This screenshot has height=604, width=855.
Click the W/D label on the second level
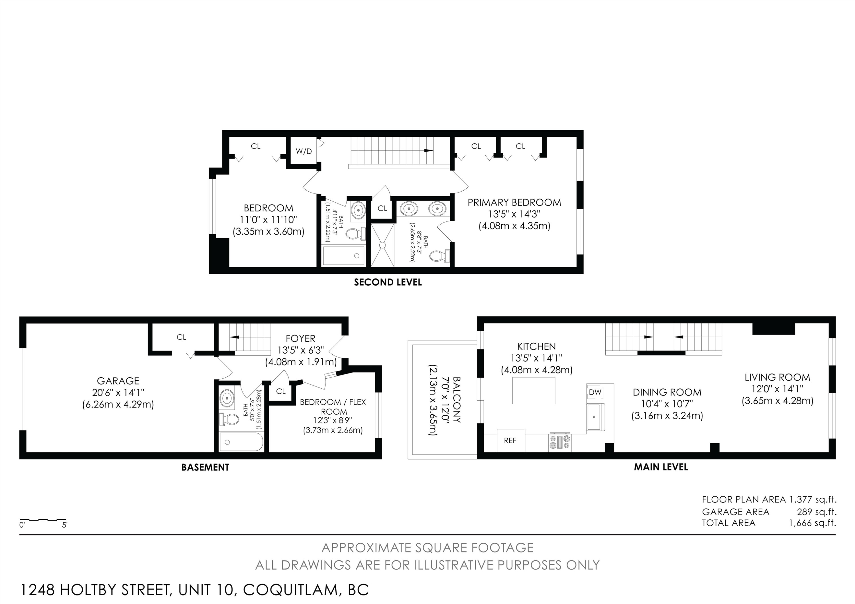(304, 152)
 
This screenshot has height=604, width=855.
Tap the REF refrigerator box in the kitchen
(510, 441)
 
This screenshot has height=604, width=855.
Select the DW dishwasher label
(595, 392)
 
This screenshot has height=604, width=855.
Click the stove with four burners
(560, 443)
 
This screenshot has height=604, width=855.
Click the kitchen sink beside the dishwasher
(595, 417)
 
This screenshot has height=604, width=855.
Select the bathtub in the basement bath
(241, 442)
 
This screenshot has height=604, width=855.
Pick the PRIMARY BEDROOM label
(514, 203)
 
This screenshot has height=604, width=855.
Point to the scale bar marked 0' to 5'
(43, 519)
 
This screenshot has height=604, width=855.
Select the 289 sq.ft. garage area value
(816, 512)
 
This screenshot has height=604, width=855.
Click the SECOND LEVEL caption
(388, 282)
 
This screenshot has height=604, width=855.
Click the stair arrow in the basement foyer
(235, 337)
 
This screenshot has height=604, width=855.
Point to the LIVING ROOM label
(777, 377)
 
